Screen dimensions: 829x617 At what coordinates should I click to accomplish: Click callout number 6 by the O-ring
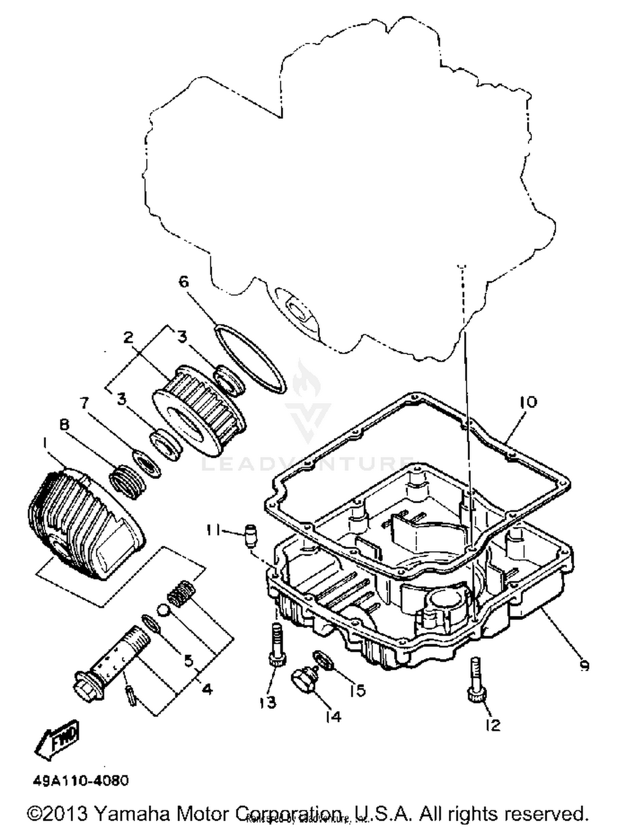click(183, 282)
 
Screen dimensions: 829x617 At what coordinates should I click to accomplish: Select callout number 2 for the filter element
click(128, 338)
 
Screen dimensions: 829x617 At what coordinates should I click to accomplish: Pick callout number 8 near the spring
click(65, 425)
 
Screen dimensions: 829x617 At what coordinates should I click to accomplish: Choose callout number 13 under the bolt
click(268, 703)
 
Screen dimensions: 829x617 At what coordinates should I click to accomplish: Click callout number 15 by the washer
click(357, 690)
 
